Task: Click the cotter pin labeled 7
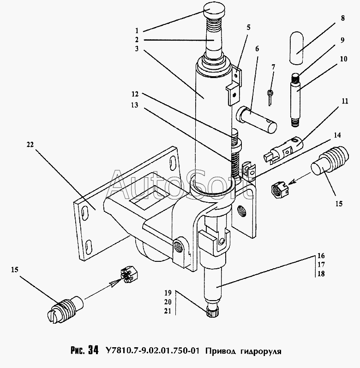270,97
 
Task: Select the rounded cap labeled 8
296,48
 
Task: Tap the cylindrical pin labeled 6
256,120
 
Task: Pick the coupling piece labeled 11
284,151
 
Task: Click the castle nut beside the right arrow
280,189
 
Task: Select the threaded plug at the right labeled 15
330,162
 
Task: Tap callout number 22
30,145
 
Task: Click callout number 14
337,135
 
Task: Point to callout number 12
135,94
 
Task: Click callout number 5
248,27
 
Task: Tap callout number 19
168,293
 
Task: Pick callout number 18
321,274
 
